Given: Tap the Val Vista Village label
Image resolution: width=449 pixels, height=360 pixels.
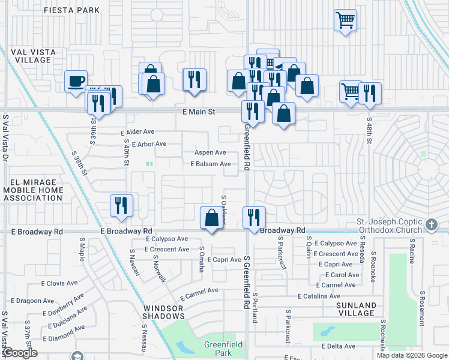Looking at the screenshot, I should (33, 56).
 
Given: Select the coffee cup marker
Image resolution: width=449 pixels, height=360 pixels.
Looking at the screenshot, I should (76, 82).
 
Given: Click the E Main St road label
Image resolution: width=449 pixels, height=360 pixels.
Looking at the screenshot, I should (199, 112).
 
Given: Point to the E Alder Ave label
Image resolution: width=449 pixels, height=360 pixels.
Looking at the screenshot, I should (137, 132).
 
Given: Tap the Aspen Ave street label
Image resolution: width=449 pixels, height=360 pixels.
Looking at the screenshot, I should (209, 153).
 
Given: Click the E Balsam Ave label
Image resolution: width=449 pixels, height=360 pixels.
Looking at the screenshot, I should (211, 164).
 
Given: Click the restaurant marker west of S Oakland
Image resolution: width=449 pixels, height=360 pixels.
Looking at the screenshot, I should (122, 205).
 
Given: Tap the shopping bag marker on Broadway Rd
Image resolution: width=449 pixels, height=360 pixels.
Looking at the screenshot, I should (211, 218).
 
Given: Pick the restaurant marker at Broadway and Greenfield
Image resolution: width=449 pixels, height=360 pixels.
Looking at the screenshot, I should (254, 217).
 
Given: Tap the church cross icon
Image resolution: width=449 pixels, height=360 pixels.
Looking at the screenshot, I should (430, 224).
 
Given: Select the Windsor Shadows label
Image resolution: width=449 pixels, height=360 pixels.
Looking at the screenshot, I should (163, 312).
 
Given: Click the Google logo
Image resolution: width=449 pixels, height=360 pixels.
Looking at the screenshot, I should (20, 353).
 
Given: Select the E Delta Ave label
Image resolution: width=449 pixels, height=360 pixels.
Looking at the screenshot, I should (339, 346).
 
